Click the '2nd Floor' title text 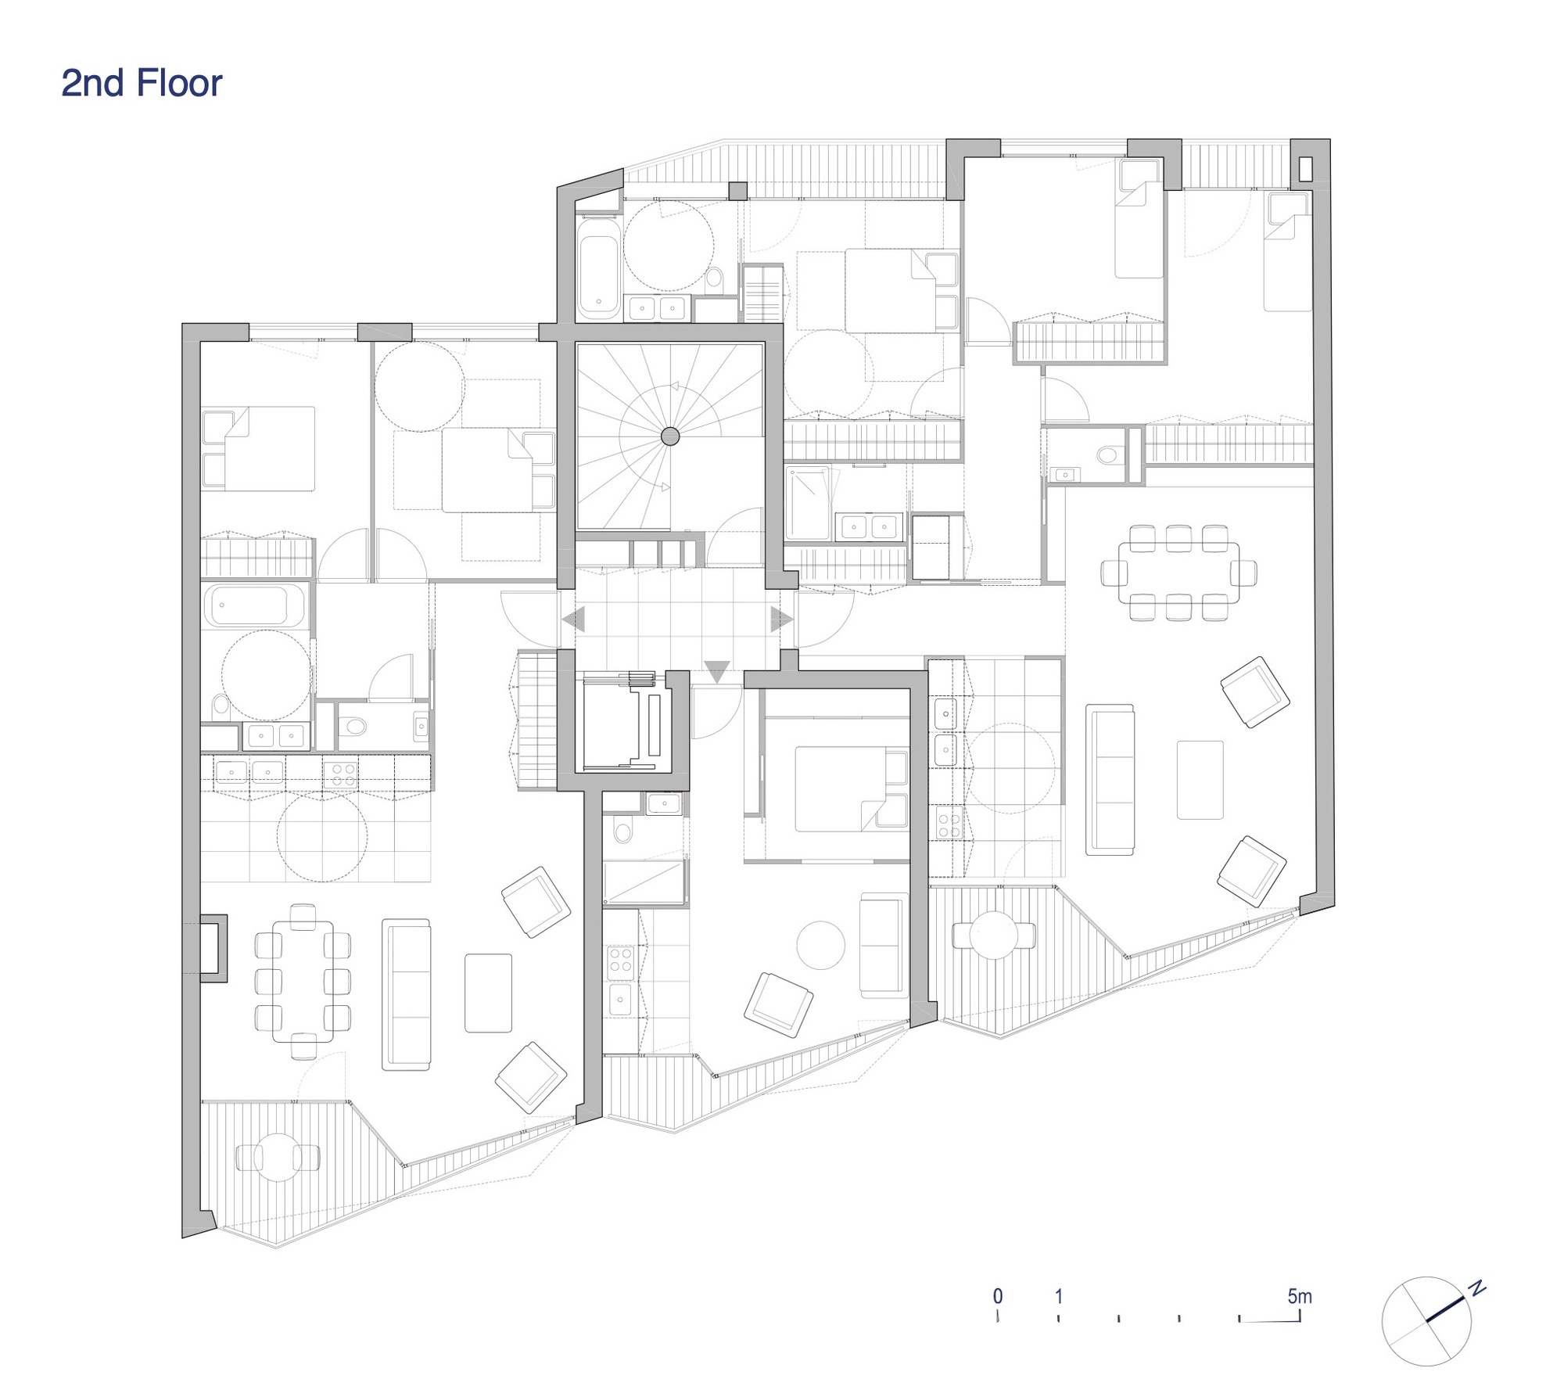click(142, 84)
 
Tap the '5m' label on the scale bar click(1299, 1296)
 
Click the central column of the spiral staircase click(669, 436)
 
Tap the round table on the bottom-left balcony click(277, 1158)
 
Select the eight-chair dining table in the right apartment click(1178, 573)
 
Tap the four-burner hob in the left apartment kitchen click(343, 774)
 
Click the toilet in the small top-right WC click(1108, 454)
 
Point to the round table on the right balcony click(992, 934)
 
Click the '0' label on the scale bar click(998, 1296)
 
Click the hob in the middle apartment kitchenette click(621, 961)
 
